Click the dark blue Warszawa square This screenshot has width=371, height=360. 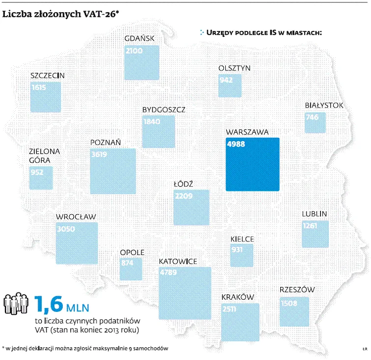pyautogui.click(x=252, y=164)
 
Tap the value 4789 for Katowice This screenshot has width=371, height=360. pyautogui.click(x=168, y=273)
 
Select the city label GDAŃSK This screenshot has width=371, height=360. pyautogui.click(x=139, y=38)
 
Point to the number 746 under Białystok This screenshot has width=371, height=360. pyautogui.click(x=312, y=117)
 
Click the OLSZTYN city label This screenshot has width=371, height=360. pyautogui.click(x=234, y=68)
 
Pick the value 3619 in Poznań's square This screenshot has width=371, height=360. pyautogui.click(x=99, y=154)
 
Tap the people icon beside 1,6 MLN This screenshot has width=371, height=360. pyautogui.click(x=16, y=304)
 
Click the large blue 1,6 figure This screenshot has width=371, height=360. pyautogui.click(x=49, y=304)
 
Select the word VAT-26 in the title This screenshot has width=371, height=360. pyautogui.click(x=100, y=14)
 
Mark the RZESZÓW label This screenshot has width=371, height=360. pyautogui.click(x=297, y=289)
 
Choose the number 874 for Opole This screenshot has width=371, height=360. pyautogui.click(x=127, y=263)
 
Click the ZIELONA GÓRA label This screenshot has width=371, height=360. pyautogui.click(x=44, y=156)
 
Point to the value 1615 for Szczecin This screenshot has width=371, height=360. pyautogui.click(x=39, y=88)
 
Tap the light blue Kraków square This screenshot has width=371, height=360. pyautogui.click(x=240, y=322)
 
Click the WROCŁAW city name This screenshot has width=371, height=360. pyautogui.click(x=76, y=217)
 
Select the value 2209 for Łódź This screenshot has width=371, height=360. pyautogui.click(x=184, y=196)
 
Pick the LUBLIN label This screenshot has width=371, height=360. pyautogui.click(x=314, y=214)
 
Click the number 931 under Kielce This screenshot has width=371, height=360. pyautogui.click(x=237, y=250)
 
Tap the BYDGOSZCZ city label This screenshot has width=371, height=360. pyautogui.click(x=164, y=110)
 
